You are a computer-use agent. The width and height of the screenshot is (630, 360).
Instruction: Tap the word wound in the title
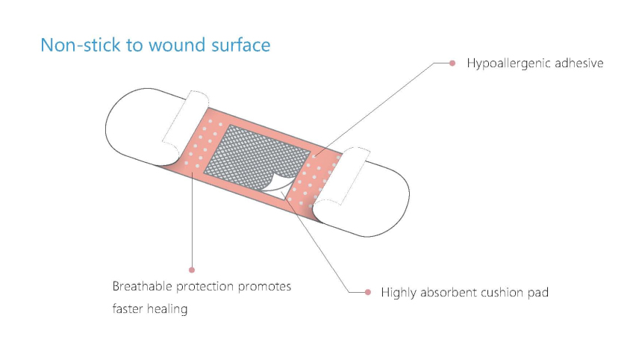pyautogui.click(x=177, y=45)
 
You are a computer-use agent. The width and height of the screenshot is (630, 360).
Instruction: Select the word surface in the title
pyautogui.click(x=241, y=45)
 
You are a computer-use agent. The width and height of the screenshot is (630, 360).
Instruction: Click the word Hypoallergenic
pyautogui.click(x=508, y=63)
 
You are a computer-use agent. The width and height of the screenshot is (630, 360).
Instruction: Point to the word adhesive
pyautogui.click(x=579, y=63)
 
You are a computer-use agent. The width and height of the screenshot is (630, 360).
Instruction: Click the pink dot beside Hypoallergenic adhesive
pyautogui.click(x=452, y=63)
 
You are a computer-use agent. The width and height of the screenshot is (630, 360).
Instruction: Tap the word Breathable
pyautogui.click(x=143, y=286)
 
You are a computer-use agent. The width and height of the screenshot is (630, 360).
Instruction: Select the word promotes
pyautogui.click(x=264, y=287)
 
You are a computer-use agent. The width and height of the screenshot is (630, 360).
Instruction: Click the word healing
pyautogui.click(x=167, y=309)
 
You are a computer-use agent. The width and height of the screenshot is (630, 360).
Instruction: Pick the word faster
pyautogui.click(x=127, y=309)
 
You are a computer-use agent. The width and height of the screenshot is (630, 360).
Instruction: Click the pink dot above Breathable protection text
pyautogui.click(x=192, y=270)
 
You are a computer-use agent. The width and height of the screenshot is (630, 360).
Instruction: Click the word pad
pyautogui.click(x=538, y=294)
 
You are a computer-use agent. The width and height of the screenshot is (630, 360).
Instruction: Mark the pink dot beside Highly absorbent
pyautogui.click(x=368, y=292)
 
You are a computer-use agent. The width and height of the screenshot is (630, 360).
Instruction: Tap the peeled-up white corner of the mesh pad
pyautogui.click(x=278, y=187)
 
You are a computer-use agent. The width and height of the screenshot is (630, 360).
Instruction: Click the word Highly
pyautogui.click(x=398, y=294)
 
